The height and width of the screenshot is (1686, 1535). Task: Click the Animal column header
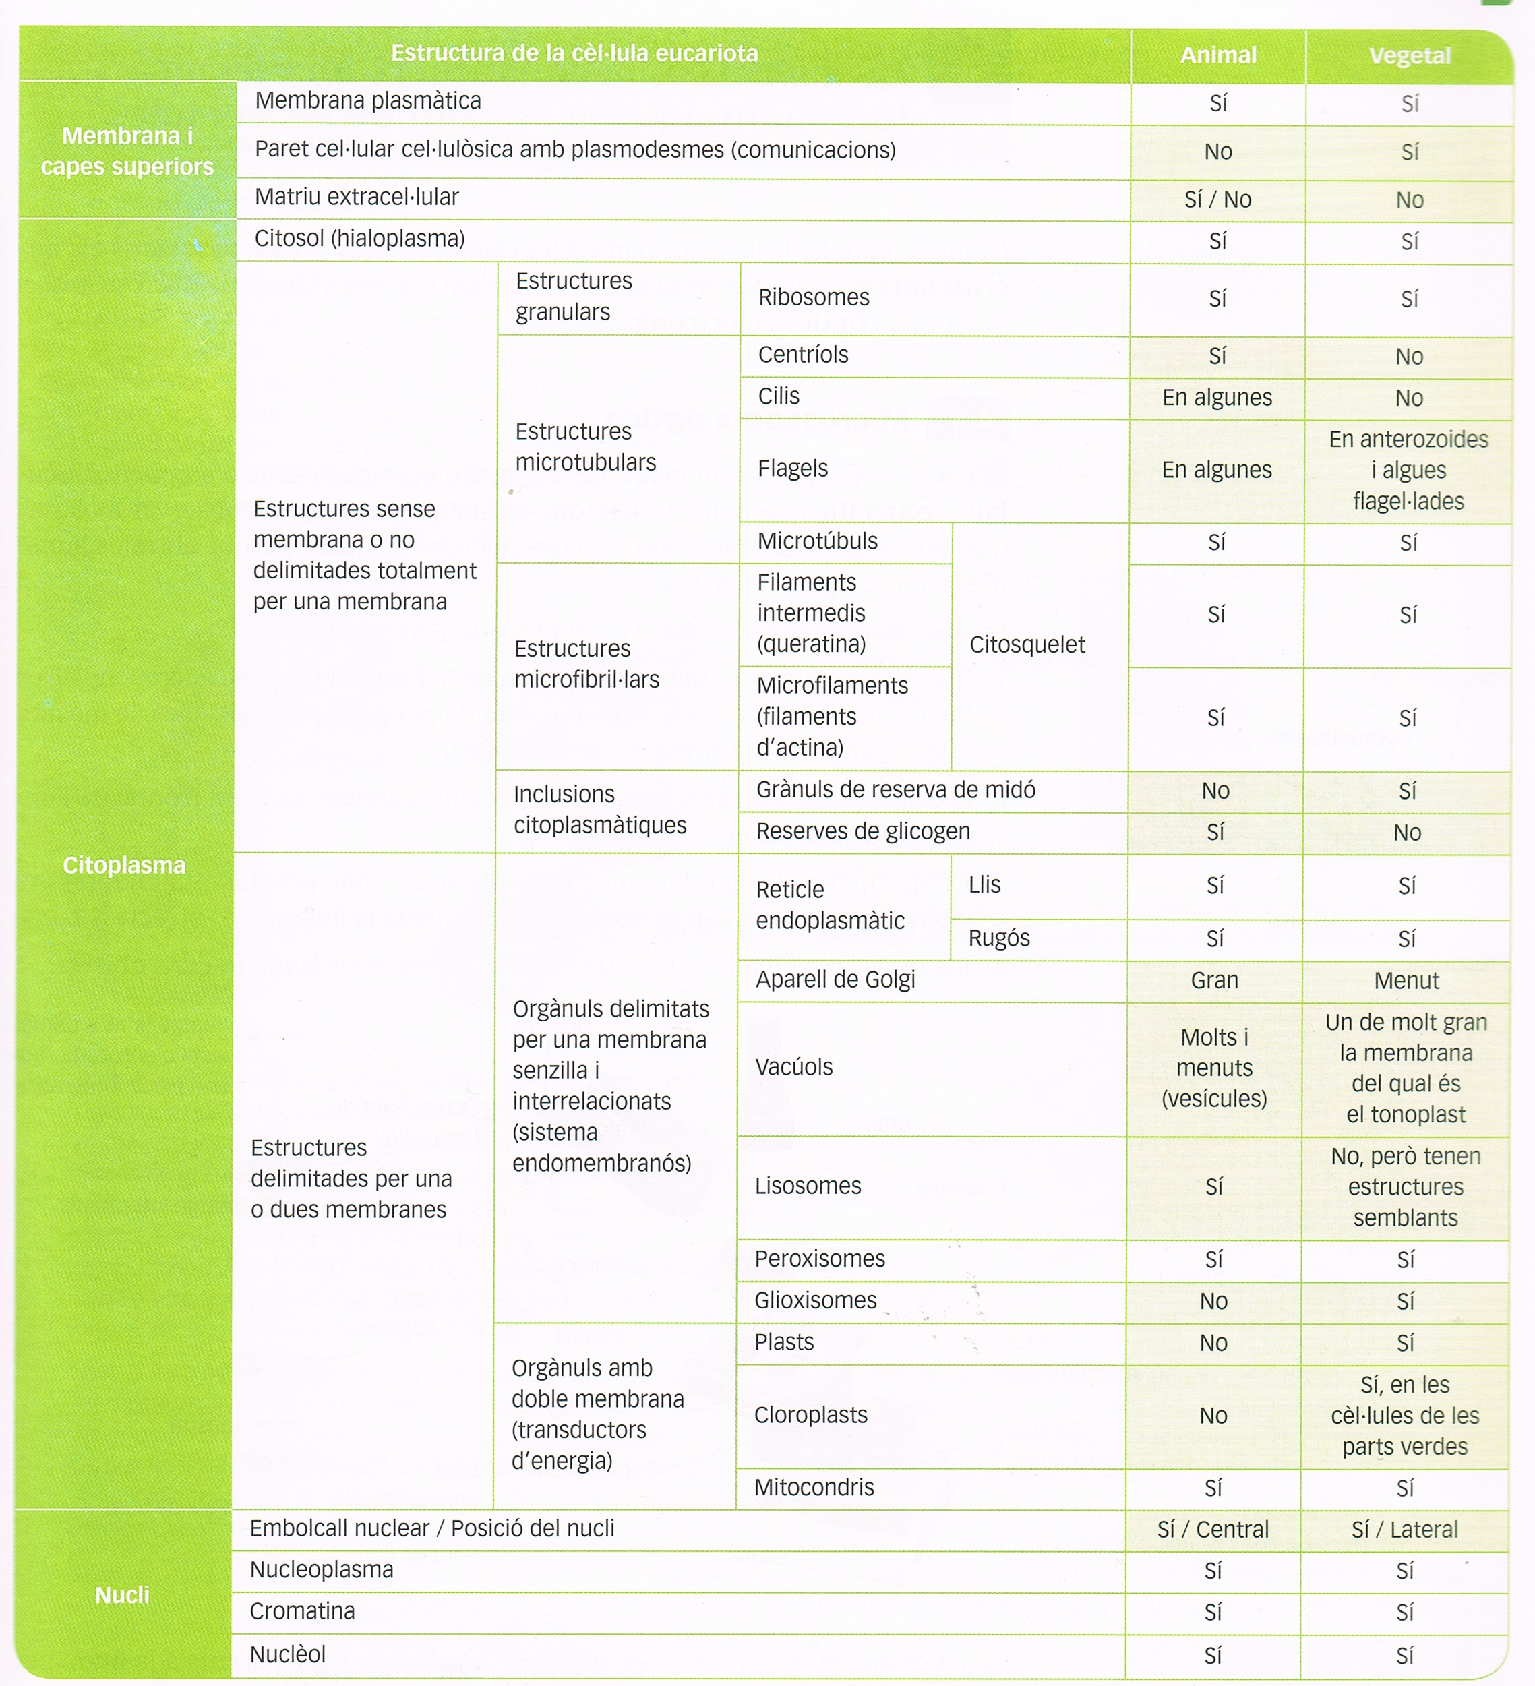coord(1218,55)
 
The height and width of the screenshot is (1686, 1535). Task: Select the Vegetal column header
coord(1410,56)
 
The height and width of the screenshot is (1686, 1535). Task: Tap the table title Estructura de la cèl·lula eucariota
coord(574,53)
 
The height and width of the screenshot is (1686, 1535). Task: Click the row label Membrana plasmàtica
coord(368,101)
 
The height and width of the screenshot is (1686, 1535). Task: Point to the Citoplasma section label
coord(124,865)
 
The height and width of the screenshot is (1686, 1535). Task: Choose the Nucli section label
coord(122,1595)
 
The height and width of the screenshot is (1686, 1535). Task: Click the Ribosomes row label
coord(814,298)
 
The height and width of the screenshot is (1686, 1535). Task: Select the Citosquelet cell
coord(1027,644)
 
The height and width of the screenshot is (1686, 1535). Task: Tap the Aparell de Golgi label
coord(835,980)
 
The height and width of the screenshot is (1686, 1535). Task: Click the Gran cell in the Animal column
coord(1215,980)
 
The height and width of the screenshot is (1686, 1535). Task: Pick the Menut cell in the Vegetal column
coord(1406,981)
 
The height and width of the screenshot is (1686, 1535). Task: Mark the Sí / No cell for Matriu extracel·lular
coord(1218,200)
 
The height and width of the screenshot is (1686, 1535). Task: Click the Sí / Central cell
coord(1213,1530)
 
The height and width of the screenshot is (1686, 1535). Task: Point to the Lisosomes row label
coord(808,1186)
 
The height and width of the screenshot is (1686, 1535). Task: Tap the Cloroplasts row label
coord(810,1415)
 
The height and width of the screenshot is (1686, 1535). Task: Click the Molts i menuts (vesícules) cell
coord(1215,1068)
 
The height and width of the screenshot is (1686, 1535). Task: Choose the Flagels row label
coord(793,469)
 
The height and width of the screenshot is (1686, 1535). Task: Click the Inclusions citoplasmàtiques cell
coord(600,810)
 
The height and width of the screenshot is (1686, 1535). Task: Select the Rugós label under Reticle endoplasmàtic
coord(999,938)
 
